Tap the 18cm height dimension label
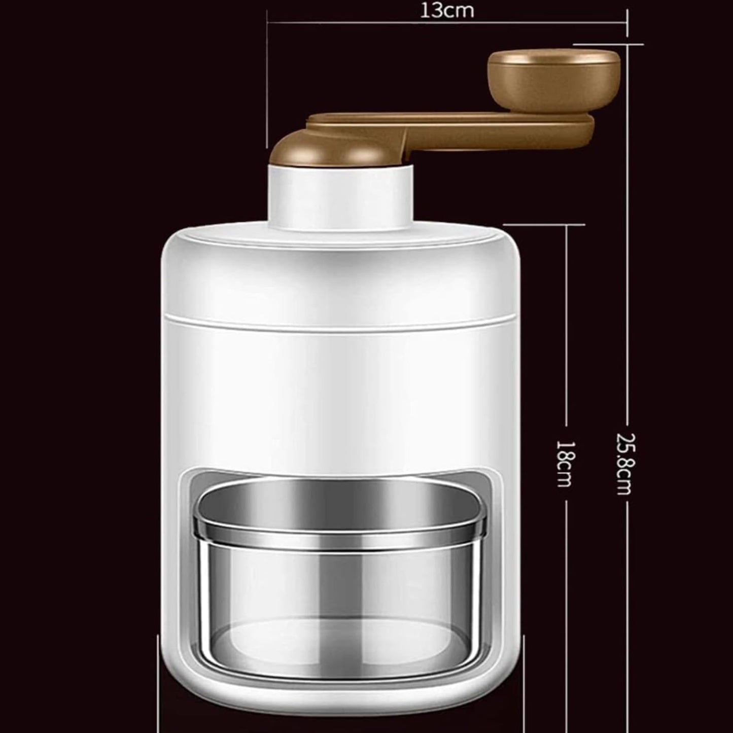[565, 463]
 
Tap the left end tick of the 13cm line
[267, 23]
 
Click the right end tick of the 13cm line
[627, 23]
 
